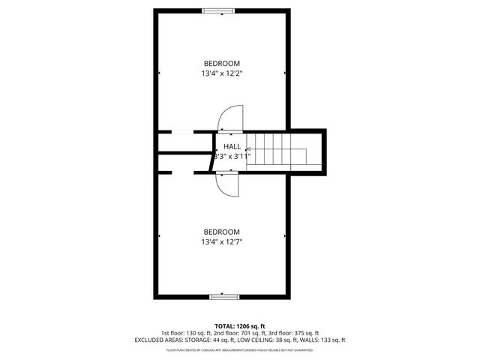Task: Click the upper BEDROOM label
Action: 222,63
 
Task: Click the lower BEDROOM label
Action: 222,232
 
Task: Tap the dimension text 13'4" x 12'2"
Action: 222,73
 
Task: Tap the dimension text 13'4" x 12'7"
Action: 222,242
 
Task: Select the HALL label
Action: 232,146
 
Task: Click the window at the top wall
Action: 222,10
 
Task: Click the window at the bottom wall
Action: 222,297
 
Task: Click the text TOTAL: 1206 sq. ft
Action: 239,326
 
